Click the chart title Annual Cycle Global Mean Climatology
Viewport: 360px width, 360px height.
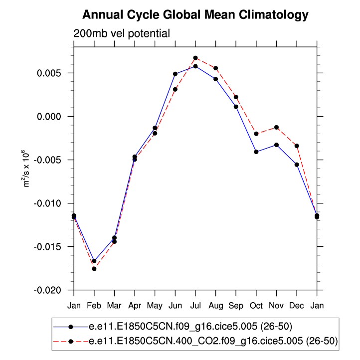(195, 15)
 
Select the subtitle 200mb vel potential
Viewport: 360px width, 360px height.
(122, 34)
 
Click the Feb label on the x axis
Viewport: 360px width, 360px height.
(94, 304)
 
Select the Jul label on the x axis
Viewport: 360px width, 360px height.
(195, 304)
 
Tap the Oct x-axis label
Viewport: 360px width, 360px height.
(256, 304)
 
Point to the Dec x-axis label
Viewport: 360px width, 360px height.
(297, 304)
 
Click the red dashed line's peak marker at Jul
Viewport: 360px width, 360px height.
(195, 58)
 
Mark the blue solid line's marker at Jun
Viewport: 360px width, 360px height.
(175, 74)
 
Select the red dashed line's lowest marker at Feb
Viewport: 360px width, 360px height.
(94, 269)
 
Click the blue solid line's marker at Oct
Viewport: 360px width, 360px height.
(256, 152)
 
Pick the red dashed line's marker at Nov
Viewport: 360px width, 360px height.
(277, 128)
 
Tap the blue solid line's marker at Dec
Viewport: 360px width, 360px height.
(297, 165)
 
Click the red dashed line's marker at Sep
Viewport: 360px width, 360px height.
(236, 97)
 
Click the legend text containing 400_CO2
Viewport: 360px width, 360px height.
(213, 342)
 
